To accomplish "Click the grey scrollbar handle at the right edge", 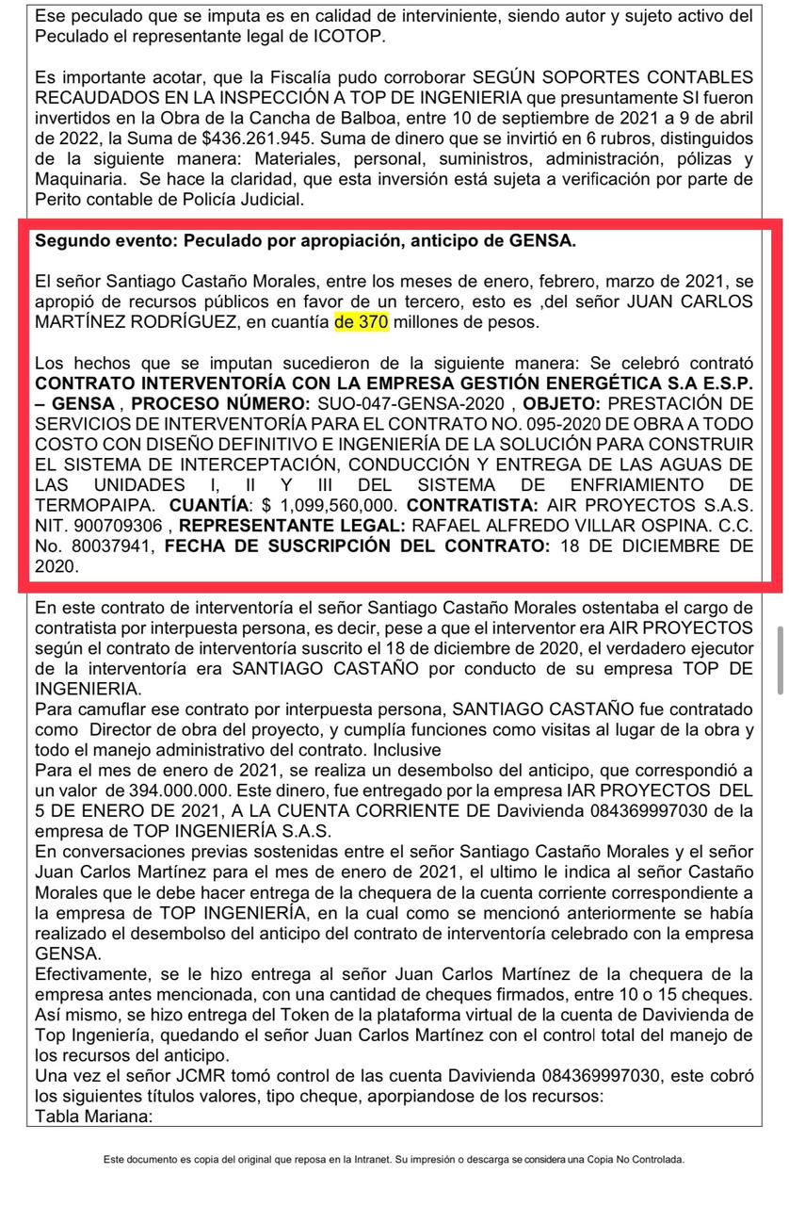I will pyautogui.click(x=779, y=659).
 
